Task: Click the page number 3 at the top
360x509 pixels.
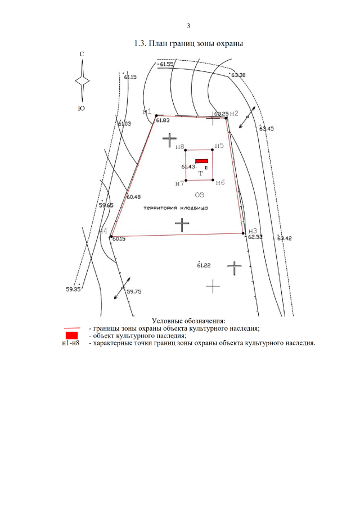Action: (188, 26)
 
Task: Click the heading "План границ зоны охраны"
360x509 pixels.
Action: (188, 43)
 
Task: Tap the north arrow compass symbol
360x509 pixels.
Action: (82, 80)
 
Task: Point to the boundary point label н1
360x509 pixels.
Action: (147, 111)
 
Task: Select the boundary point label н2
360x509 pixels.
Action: (235, 113)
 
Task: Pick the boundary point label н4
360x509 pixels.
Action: (102, 231)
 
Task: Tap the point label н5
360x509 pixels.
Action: (219, 146)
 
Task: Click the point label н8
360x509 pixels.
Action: (180, 147)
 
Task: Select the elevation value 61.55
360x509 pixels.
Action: (166, 65)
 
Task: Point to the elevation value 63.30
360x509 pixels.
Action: (238, 75)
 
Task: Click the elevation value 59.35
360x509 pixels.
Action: (73, 290)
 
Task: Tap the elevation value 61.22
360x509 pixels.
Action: (204, 265)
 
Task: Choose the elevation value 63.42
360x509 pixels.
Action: (285, 238)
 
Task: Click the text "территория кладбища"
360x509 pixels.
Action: (175, 208)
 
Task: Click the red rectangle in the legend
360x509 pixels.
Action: (71, 336)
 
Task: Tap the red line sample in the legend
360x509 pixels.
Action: (71, 328)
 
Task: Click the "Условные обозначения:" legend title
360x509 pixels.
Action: (188, 321)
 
